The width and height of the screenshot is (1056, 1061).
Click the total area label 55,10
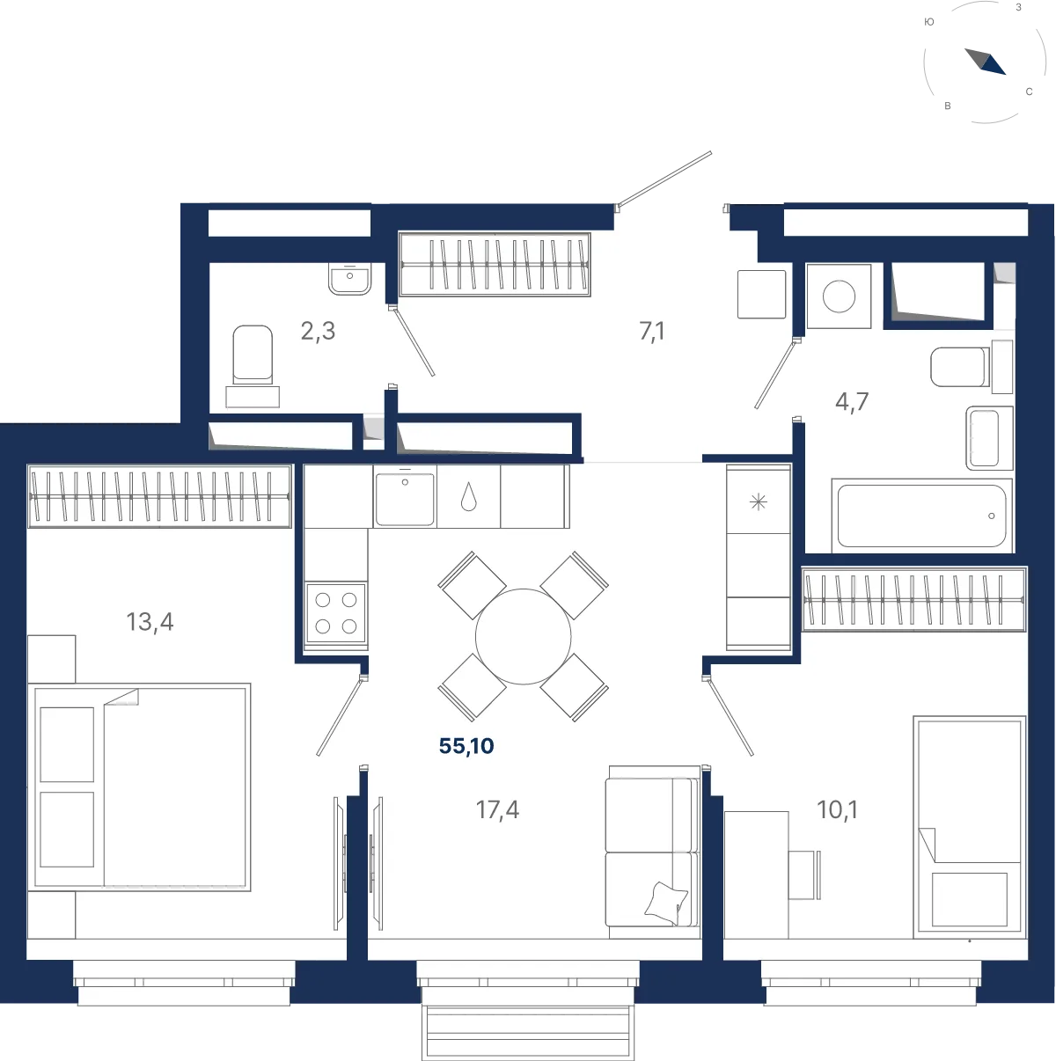pyautogui.click(x=466, y=746)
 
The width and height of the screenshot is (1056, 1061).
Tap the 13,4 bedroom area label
pyautogui.click(x=150, y=622)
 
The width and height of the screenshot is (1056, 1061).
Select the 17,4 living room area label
pyautogui.click(x=497, y=810)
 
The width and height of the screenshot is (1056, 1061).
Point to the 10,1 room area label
pyautogui.click(x=837, y=810)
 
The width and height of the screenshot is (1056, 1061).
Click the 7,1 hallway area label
pyautogui.click(x=652, y=332)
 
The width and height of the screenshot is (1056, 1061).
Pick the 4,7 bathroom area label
pyautogui.click(x=852, y=402)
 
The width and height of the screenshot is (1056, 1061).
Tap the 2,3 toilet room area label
pyautogui.click(x=318, y=331)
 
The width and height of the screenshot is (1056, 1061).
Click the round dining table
pyautogui.click(x=523, y=636)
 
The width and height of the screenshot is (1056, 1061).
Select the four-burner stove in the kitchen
pyautogui.click(x=336, y=613)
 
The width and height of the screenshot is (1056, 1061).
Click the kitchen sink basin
pyautogui.click(x=405, y=499)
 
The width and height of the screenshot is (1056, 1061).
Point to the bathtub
pyautogui.click(x=921, y=516)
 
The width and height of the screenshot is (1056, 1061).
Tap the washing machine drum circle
pyautogui.click(x=839, y=296)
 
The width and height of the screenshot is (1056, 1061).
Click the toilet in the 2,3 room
pyautogui.click(x=253, y=366)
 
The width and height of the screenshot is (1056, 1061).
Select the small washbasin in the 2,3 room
pyautogui.click(x=349, y=279)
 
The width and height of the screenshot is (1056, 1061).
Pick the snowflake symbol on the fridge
pyautogui.click(x=759, y=502)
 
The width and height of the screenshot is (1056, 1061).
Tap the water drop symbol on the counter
pyautogui.click(x=469, y=497)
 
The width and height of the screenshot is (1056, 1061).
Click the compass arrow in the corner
pyautogui.click(x=986, y=62)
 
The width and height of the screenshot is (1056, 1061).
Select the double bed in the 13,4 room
pyautogui.click(x=139, y=787)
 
